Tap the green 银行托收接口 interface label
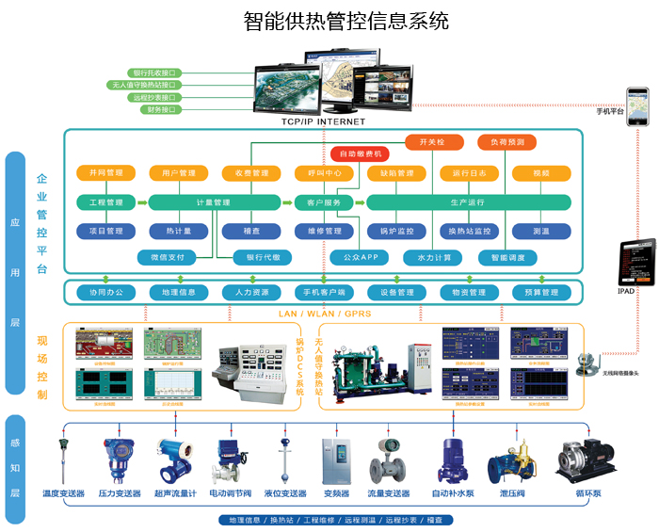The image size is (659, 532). [x=155, y=73]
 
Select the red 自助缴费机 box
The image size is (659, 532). [x=360, y=153]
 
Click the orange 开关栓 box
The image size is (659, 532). [x=424, y=142]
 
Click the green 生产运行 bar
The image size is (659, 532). [x=468, y=202]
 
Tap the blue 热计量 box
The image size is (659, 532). [x=179, y=231]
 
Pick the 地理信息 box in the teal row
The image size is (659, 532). [x=178, y=293]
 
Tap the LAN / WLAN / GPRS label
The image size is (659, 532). [x=325, y=314]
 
